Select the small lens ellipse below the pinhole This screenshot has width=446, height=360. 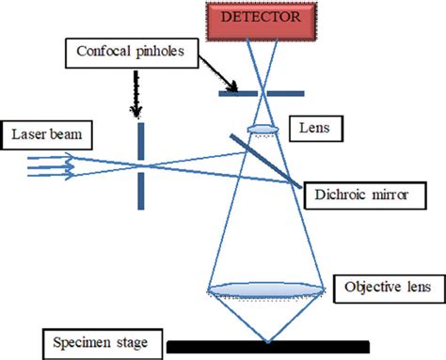pos(263,128)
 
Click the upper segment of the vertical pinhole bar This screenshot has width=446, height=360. pos(140,142)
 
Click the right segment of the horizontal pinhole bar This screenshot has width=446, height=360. pos(286,92)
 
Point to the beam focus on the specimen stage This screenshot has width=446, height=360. pos(267,340)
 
